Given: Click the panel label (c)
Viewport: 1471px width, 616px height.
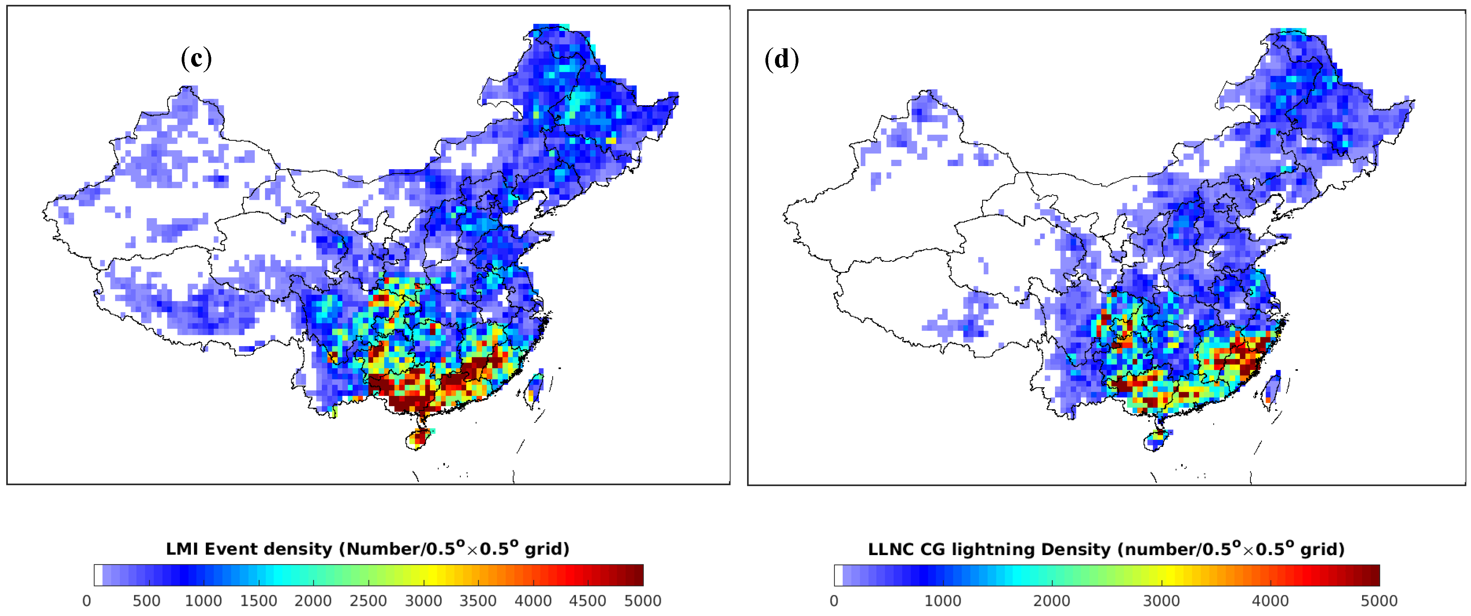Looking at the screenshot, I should click(x=196, y=58).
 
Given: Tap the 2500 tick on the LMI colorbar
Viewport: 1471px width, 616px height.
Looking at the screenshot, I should click(x=368, y=601).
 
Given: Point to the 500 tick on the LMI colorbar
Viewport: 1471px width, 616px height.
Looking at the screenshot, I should click(x=146, y=601).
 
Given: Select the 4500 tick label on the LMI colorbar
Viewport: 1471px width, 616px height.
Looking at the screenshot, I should click(x=588, y=601).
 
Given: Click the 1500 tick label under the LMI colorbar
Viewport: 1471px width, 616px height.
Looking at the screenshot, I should click(x=258, y=601).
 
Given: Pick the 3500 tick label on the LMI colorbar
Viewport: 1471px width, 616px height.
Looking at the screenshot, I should click(x=478, y=601).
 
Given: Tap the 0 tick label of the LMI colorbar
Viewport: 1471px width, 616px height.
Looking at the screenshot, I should click(x=87, y=601).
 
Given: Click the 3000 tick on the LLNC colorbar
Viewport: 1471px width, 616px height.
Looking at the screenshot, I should click(x=1161, y=601).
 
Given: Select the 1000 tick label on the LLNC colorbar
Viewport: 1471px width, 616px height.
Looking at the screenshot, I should click(x=943, y=601).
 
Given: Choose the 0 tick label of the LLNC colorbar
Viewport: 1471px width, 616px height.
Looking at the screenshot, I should click(x=834, y=601).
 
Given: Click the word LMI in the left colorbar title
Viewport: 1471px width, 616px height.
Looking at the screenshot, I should click(x=183, y=549).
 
